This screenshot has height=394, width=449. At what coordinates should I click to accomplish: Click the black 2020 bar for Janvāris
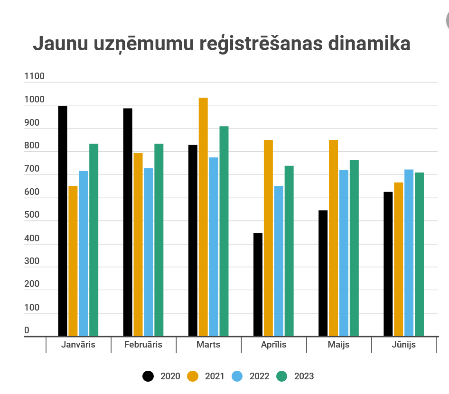tap(63, 221)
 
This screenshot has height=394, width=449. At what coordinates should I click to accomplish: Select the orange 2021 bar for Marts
tap(203, 217)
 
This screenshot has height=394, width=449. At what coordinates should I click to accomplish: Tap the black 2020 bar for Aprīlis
tap(258, 284)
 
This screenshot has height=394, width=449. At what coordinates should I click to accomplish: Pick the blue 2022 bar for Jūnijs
tap(409, 253)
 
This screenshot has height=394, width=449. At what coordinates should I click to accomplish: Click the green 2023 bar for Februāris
tap(159, 240)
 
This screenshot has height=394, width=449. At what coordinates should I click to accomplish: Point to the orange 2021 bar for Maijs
tap(333, 238)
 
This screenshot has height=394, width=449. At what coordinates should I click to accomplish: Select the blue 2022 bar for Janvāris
tap(84, 253)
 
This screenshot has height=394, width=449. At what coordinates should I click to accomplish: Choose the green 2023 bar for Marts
tap(224, 231)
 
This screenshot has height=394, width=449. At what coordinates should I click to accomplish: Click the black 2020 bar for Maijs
tap(323, 273)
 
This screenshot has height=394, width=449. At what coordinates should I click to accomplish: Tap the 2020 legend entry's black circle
tap(149, 376)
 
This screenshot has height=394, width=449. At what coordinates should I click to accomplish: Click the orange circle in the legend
tap(193, 376)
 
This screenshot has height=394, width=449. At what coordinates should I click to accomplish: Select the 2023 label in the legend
tap(304, 376)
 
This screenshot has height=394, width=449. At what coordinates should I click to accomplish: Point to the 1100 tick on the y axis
tap(34, 76)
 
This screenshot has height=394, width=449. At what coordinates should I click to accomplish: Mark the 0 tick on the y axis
tap(27, 330)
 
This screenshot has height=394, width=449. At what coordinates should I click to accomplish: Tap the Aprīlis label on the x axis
tap(273, 345)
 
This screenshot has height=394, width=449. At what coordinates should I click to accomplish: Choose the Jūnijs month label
tap(403, 345)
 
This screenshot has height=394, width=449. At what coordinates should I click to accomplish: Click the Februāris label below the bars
tap(143, 345)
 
